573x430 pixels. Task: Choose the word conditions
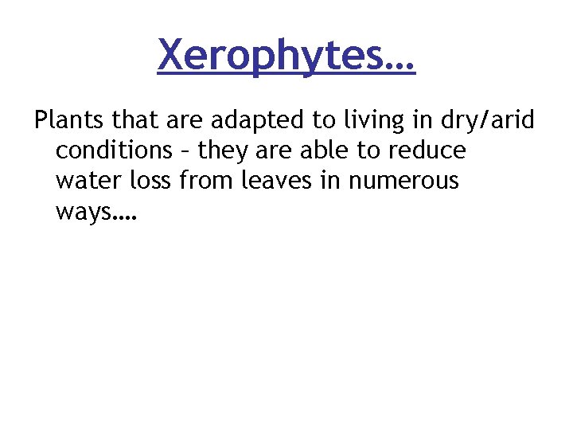coord(119,150)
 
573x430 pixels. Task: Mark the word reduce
coord(430,150)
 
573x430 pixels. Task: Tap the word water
coord(88,181)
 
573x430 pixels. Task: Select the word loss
coord(152,181)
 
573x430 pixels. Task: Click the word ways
coord(84,212)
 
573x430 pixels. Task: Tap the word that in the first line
coord(134,120)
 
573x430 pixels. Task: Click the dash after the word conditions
coord(191,151)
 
